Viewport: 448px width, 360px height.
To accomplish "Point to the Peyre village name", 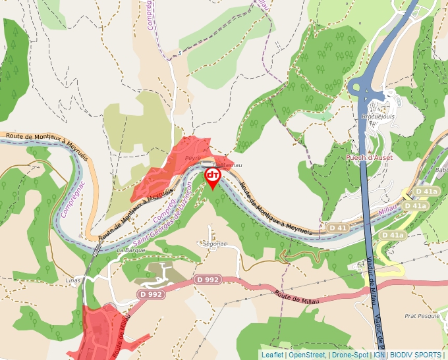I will (192, 159).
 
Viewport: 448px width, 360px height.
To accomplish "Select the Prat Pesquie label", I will (421, 316).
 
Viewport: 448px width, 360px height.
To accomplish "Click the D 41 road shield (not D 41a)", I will (337, 228).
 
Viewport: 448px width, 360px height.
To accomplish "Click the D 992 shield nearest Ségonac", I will (207, 280).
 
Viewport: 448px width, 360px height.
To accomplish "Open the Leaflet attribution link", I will (272, 355).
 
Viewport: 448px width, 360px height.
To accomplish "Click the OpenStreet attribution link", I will (306, 355).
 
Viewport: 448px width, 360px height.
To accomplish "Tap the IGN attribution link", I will (379, 355).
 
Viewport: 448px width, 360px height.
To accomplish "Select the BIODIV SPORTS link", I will (415, 355).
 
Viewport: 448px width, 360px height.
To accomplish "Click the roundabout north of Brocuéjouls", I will (362, 87).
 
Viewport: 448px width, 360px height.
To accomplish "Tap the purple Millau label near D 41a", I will (389, 209).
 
